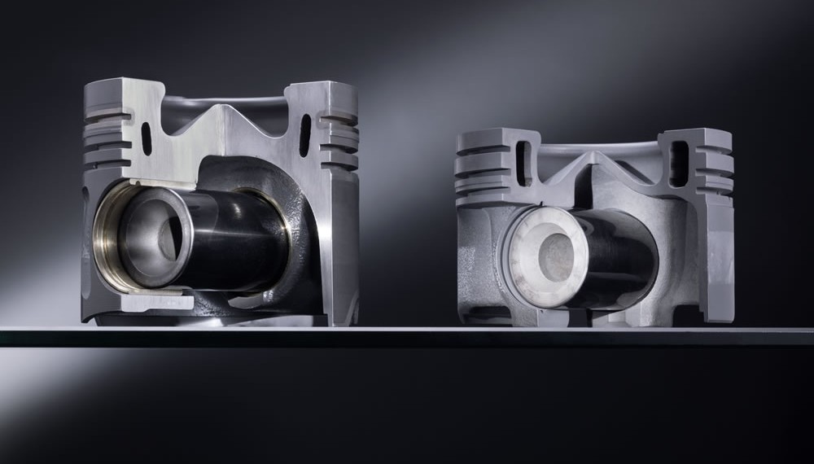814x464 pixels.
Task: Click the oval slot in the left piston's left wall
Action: (x=147, y=138)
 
